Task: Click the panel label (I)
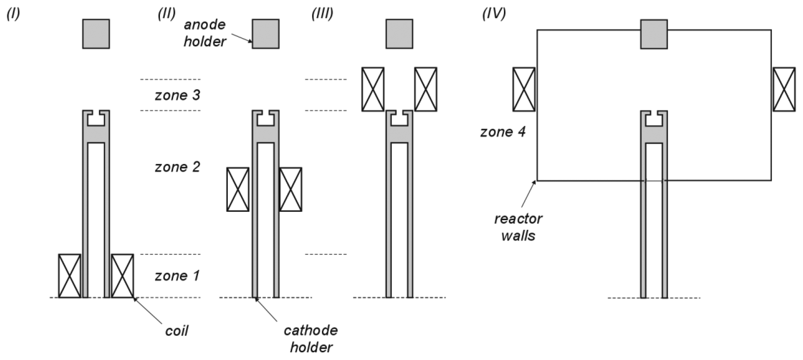pos(13,14)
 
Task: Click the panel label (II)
pos(167,14)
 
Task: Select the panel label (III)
pos(322,14)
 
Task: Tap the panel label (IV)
pos(494,14)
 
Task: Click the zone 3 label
pos(177,95)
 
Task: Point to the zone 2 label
pos(177,167)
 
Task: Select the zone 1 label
pos(177,276)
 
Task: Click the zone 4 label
pos(502,132)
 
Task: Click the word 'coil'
pos(176,331)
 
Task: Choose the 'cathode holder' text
pos(311,339)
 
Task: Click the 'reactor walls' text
pos(518,228)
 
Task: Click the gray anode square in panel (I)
pos(96,34)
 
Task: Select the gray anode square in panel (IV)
pos(654,34)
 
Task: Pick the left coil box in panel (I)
pos(69,276)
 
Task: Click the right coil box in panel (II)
pos(291,189)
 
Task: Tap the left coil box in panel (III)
pos(373,89)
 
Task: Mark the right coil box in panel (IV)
pos(784,89)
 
